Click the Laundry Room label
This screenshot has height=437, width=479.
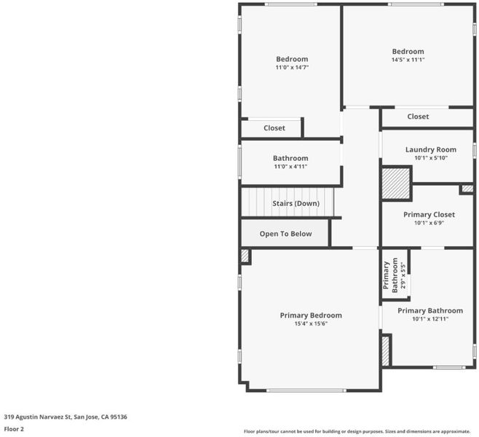(431, 150)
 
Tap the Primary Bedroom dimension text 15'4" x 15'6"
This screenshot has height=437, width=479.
(311, 323)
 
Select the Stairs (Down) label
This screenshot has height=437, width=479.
(296, 203)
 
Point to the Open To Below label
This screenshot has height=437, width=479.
(285, 234)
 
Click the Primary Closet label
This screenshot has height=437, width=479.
(429, 215)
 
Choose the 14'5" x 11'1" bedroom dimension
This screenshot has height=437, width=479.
(408, 60)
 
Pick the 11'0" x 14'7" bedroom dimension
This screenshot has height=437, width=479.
(292, 68)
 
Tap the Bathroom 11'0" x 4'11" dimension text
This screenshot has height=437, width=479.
(290, 167)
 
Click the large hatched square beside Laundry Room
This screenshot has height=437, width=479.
(395, 183)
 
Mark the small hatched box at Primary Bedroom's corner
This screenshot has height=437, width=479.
(245, 256)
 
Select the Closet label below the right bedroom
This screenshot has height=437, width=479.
(418, 117)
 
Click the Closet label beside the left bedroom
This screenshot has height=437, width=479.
(274, 128)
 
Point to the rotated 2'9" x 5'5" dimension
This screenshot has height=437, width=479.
(403, 276)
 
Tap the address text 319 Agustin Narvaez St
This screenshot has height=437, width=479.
(37, 417)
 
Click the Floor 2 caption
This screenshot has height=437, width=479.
(14, 429)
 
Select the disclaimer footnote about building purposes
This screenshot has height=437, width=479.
(357, 431)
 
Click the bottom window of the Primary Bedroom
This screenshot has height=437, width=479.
(306, 390)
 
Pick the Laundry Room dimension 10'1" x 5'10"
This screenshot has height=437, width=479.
(431, 158)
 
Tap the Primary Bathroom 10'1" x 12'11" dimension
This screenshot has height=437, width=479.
(430, 319)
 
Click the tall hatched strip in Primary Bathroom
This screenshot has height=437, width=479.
(386, 351)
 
